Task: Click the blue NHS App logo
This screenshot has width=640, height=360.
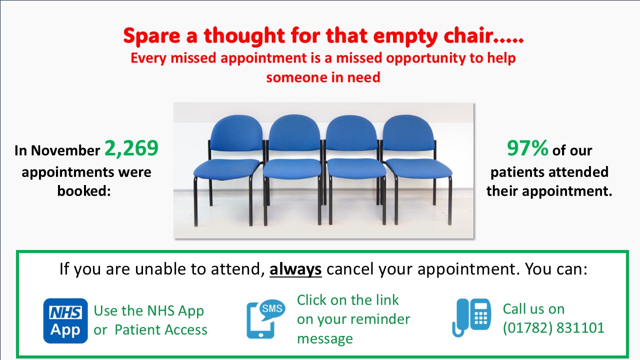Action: (65, 320)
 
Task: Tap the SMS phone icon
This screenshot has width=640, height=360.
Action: (265, 319)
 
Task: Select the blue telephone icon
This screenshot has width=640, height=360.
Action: (471, 317)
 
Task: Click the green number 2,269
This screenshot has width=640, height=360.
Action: (131, 148)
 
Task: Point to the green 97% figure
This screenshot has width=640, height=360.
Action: (527, 148)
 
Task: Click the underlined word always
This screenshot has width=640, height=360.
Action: (295, 269)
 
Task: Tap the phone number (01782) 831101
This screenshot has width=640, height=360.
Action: (553, 327)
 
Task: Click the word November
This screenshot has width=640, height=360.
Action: (65, 150)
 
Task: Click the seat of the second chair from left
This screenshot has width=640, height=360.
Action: (292, 169)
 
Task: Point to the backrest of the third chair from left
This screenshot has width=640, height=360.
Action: (351, 133)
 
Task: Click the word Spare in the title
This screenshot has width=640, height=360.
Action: (151, 36)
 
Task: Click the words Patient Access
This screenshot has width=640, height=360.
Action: (161, 329)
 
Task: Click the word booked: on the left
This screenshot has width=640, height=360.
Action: (84, 190)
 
